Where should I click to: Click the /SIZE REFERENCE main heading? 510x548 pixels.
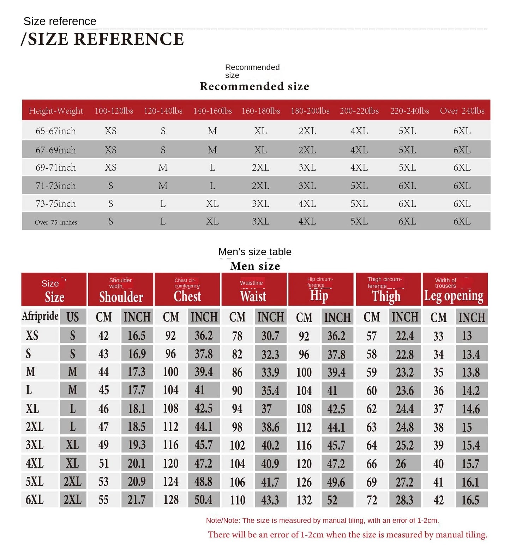pyautogui.click(x=102, y=39)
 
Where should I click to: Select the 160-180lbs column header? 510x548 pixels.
pyautogui.click(x=260, y=111)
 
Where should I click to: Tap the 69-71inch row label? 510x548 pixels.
pyautogui.click(x=56, y=168)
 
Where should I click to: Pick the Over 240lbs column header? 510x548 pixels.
pyautogui.click(x=462, y=111)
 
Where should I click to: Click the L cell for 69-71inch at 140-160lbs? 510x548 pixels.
pyautogui.click(x=212, y=168)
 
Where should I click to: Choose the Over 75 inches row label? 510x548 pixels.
pyautogui.click(x=56, y=222)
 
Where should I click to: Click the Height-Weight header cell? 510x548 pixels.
pyautogui.click(x=56, y=111)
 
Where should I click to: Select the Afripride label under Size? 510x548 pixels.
pyautogui.click(x=40, y=316)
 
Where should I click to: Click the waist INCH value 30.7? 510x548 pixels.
pyautogui.click(x=270, y=336)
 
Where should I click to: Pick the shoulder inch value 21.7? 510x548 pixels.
pyautogui.click(x=137, y=500)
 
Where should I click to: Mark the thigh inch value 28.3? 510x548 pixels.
pyautogui.click(x=405, y=500)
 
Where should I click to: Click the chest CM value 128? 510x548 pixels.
pyautogui.click(x=171, y=500)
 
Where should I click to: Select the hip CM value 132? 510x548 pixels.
pyautogui.click(x=304, y=500)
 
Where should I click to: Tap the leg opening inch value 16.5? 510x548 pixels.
pyautogui.click(x=470, y=500)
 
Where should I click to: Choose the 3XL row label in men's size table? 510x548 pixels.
pyautogui.click(x=35, y=445)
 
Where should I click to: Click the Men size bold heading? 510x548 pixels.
pyautogui.click(x=255, y=266)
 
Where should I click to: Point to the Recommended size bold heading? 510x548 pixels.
pyautogui.click(x=254, y=86)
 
